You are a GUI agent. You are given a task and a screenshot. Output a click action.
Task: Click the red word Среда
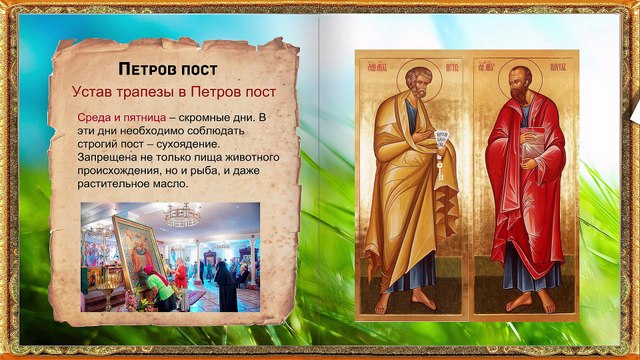(97, 118)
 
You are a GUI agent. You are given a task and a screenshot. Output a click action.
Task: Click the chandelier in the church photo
(183, 216)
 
